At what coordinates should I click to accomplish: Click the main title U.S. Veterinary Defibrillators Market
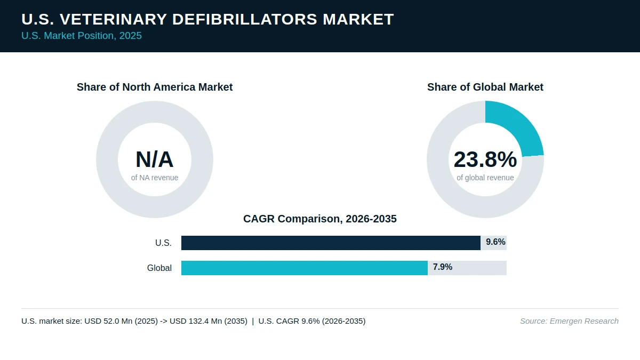207,19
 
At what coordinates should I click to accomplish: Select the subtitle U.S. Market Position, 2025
82,36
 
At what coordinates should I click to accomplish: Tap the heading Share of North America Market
155,87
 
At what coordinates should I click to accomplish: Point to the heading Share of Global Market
485,87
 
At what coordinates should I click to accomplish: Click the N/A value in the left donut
155,159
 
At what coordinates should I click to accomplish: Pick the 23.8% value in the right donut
485,159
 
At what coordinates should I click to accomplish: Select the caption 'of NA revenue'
155,178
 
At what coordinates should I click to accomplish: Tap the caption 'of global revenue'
485,178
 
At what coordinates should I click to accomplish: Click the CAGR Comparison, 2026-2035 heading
320,219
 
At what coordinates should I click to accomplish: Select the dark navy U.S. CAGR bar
331,243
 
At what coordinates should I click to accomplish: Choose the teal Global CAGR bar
305,268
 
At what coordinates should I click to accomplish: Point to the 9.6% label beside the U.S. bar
495,242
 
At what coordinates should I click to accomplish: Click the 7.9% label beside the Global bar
443,267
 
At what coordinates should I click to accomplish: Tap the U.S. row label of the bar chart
163,243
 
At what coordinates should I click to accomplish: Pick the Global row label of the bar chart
159,268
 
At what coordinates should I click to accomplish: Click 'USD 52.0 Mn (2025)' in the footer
121,321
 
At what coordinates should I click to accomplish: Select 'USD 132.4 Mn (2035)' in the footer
209,321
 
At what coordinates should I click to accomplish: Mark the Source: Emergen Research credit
569,321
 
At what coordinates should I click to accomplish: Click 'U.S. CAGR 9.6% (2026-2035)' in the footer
312,321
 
